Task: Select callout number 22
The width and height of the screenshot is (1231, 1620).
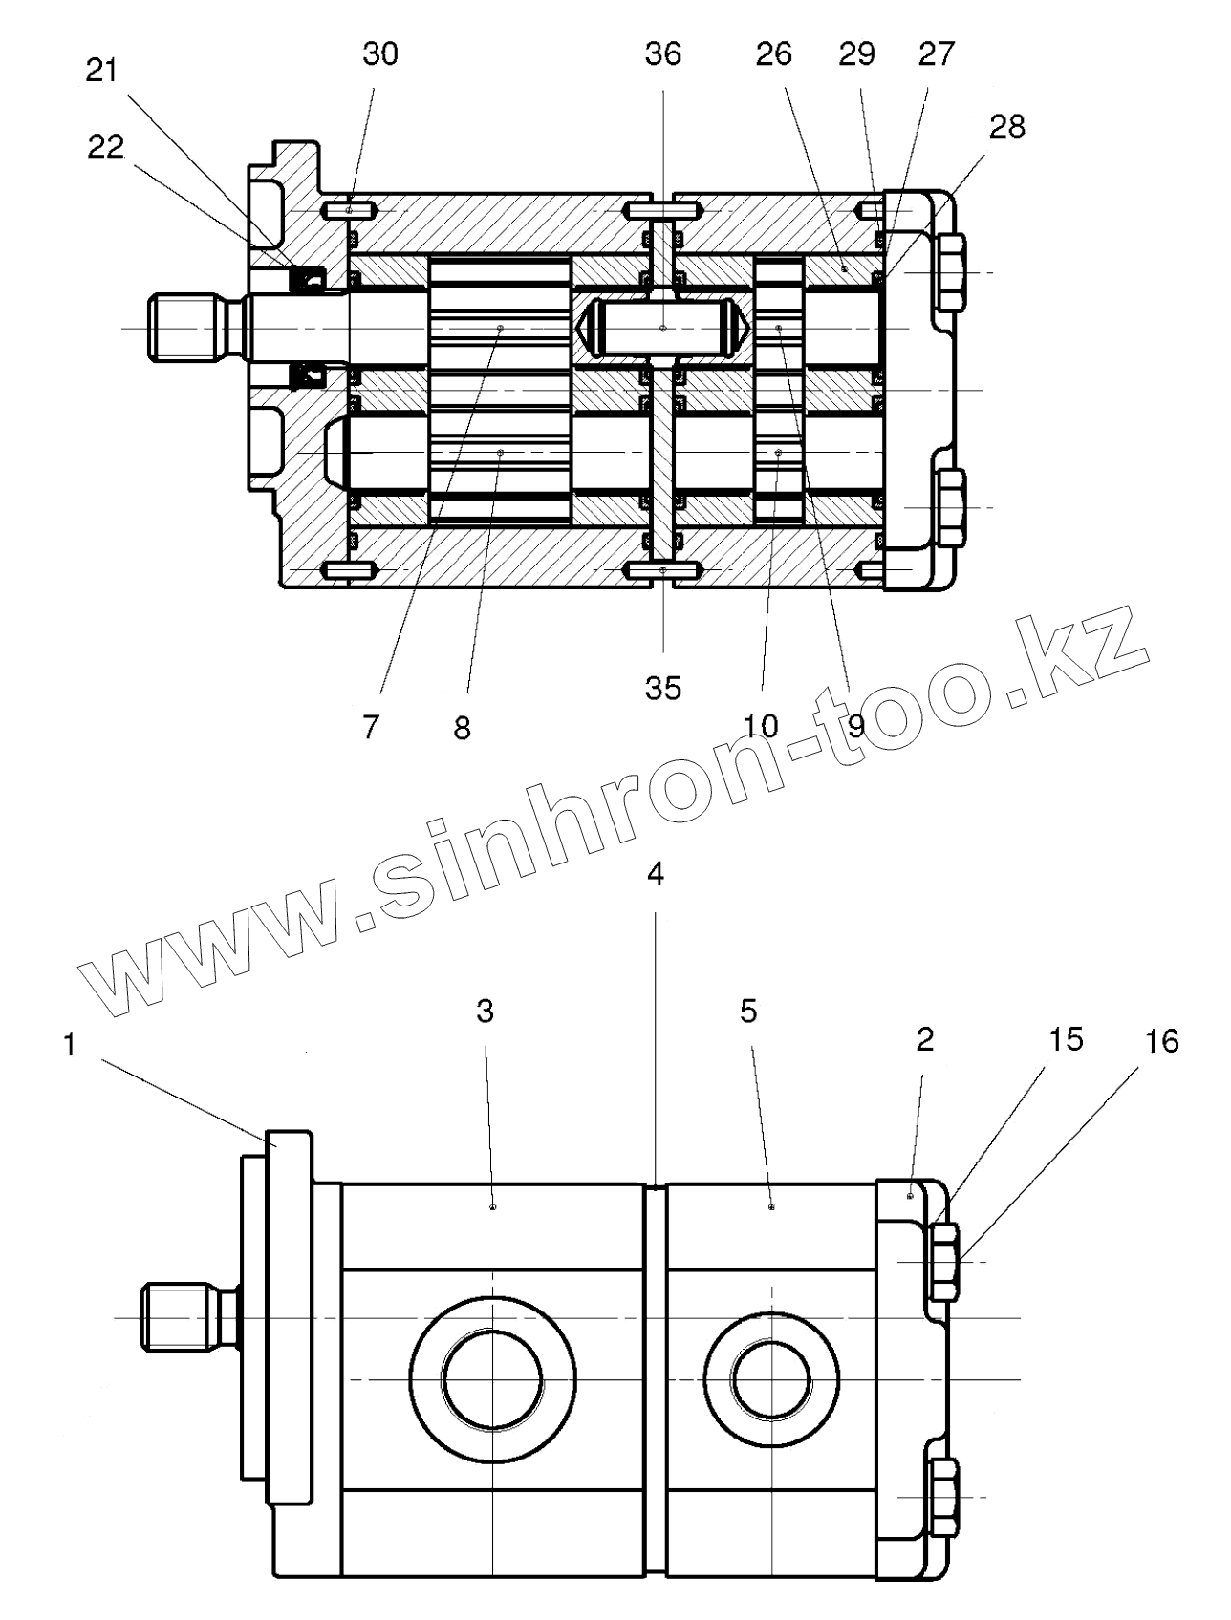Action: [106, 147]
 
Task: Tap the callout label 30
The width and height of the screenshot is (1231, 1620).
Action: [379, 54]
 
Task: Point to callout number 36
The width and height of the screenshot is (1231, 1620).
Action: [662, 54]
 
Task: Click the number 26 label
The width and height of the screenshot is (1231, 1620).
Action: [773, 54]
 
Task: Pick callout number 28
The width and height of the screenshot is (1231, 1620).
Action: [1006, 126]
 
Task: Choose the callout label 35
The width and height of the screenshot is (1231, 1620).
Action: [662, 688]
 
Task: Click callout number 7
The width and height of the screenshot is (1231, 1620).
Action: [371, 727]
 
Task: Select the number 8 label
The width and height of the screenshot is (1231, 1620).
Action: [462, 728]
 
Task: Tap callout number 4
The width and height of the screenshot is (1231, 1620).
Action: [655, 875]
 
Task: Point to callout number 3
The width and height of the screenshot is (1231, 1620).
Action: [485, 1012]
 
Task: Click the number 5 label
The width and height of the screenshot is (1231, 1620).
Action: [748, 1011]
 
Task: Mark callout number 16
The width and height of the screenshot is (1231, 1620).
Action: [1161, 1040]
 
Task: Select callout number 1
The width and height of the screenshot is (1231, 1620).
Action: [69, 1045]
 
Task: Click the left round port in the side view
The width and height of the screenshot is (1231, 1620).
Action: [492, 1378]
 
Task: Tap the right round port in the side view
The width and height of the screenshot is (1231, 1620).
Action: [771, 1378]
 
